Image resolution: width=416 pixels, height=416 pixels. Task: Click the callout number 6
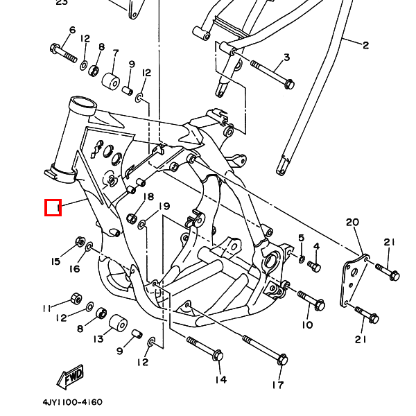click(x=71, y=30)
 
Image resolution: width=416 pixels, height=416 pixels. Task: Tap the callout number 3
click(x=286, y=57)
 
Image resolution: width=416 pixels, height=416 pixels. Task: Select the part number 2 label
click(x=365, y=46)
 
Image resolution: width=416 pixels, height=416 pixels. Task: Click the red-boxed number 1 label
click(x=53, y=207)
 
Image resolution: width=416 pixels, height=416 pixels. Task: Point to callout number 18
click(x=148, y=197)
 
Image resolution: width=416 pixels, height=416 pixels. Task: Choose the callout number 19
click(x=164, y=206)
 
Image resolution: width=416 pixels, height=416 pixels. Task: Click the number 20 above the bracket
click(x=352, y=222)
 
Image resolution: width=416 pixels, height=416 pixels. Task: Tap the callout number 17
click(x=277, y=385)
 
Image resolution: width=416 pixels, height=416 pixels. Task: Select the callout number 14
click(x=220, y=379)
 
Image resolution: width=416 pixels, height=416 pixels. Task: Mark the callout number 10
click(x=307, y=324)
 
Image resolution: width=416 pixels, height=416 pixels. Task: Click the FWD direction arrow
click(x=71, y=378)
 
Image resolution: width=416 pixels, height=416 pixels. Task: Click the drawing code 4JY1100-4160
click(x=72, y=402)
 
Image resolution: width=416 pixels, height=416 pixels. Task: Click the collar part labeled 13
click(x=116, y=323)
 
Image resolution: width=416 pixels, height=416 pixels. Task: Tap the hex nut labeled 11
click(x=76, y=300)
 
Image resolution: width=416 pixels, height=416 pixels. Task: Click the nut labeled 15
click(x=79, y=241)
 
